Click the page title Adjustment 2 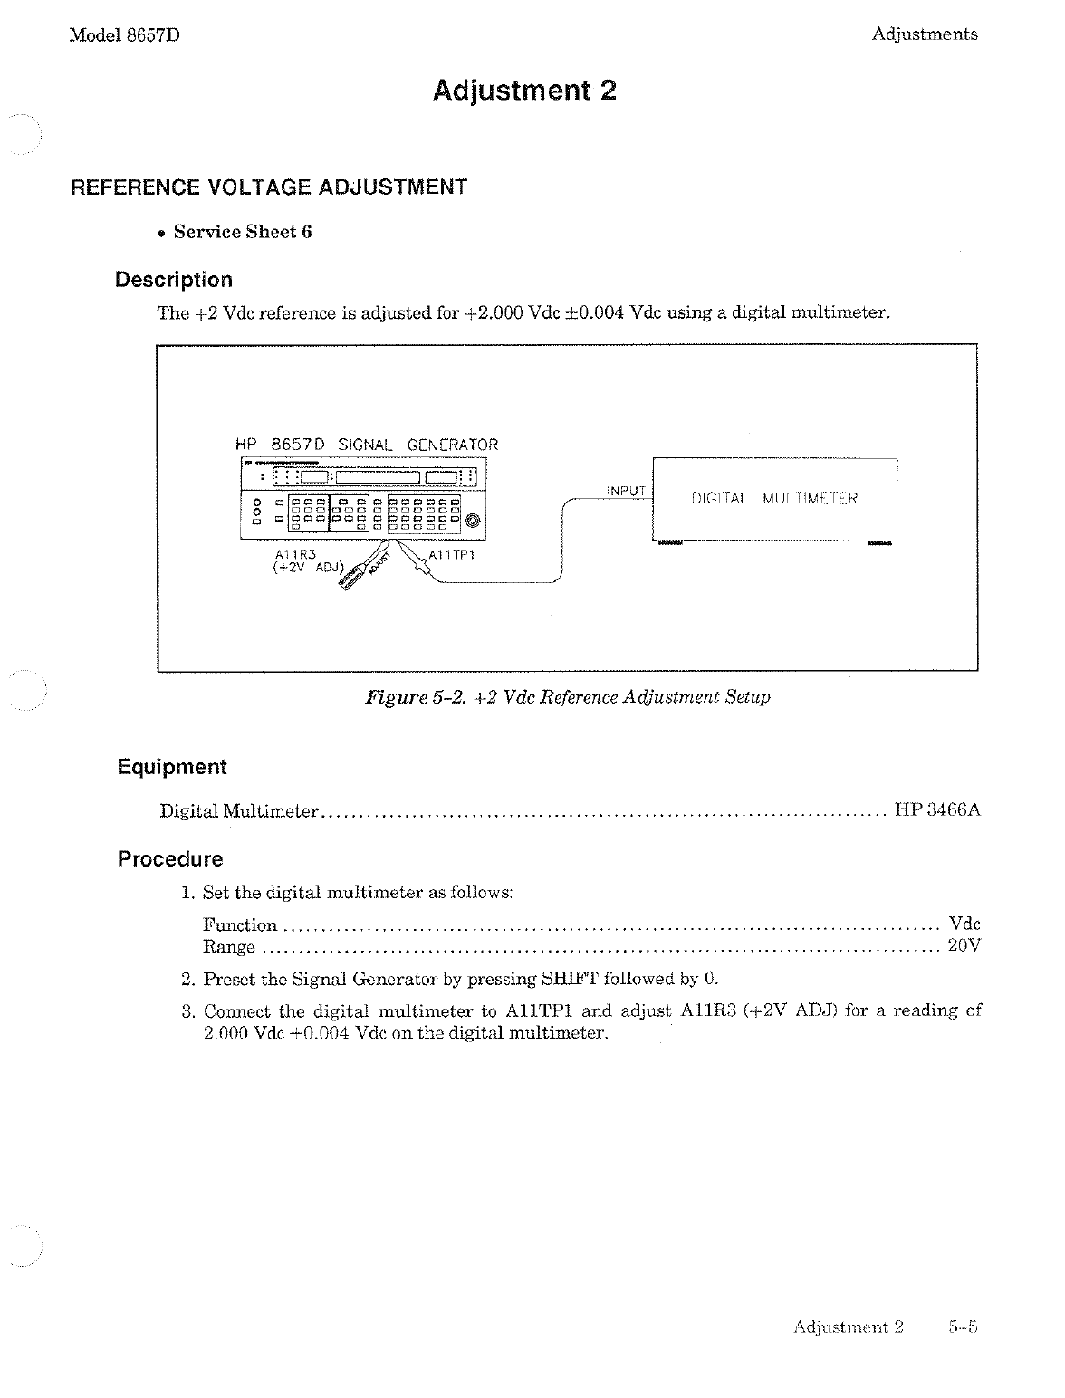[x=524, y=91]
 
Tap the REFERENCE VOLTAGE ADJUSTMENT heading [x=269, y=187]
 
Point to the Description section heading [x=174, y=280]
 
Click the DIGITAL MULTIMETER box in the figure [x=774, y=499]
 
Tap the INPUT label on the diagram [x=626, y=491]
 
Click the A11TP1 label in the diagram [x=452, y=555]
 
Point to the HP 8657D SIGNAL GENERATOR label [x=366, y=445]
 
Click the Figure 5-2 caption [x=567, y=697]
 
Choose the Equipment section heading [x=172, y=767]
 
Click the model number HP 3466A [x=937, y=810]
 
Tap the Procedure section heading [x=170, y=859]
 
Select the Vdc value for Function [x=964, y=924]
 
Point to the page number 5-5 [x=964, y=1327]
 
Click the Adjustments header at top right [x=925, y=34]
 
